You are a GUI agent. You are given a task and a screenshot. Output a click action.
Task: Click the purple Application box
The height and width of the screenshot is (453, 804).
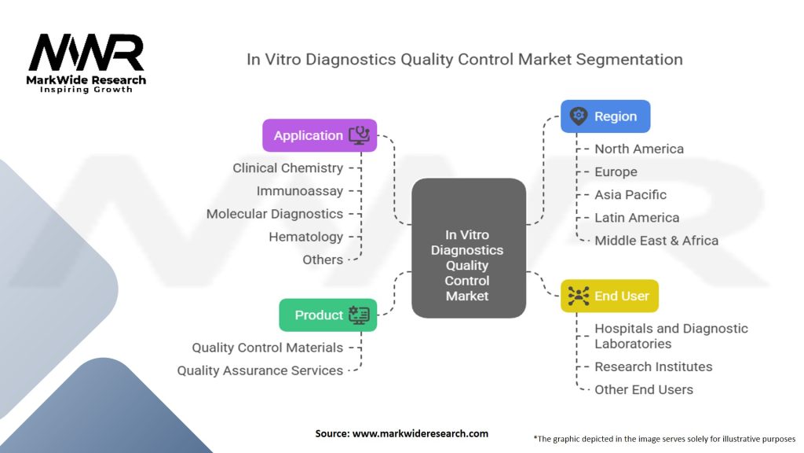coord(319,135)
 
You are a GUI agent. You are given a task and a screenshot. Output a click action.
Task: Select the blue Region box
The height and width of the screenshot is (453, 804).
coord(605,116)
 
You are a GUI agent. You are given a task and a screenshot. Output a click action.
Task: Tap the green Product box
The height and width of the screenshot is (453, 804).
coord(327,315)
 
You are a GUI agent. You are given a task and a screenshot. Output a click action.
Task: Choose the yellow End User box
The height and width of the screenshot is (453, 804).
coord(609,296)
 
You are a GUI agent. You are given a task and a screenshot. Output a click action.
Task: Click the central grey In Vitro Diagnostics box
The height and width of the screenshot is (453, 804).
coord(468,265)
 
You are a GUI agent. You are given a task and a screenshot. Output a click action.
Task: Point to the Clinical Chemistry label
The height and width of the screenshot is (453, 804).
coord(287,168)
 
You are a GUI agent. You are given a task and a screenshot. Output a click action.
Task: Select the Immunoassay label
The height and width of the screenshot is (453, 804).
coord(299,190)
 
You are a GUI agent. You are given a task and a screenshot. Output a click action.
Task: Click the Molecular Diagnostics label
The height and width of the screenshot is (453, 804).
coord(274,213)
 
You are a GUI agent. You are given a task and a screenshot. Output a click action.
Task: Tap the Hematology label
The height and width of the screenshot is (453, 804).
coord(305,236)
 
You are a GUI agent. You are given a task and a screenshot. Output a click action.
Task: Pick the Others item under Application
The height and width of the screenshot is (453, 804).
coord(323,260)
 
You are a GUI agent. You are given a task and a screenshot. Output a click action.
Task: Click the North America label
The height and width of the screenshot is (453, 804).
coord(638,149)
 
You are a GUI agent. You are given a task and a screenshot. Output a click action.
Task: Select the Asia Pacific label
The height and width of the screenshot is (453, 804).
coord(630,194)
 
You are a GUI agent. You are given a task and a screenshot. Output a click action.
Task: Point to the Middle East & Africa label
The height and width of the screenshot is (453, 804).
coord(656,240)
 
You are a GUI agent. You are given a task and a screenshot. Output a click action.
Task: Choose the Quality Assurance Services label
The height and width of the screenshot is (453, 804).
coord(260,370)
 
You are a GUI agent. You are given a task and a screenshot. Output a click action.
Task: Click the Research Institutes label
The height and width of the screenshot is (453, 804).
coord(653,366)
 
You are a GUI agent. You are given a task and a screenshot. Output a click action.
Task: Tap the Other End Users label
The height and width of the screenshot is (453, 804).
coord(644,389)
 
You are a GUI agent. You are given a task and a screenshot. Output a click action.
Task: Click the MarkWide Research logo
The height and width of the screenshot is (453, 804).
coord(86,63)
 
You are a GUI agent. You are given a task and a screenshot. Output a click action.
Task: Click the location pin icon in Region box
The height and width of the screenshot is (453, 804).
coord(579,116)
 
